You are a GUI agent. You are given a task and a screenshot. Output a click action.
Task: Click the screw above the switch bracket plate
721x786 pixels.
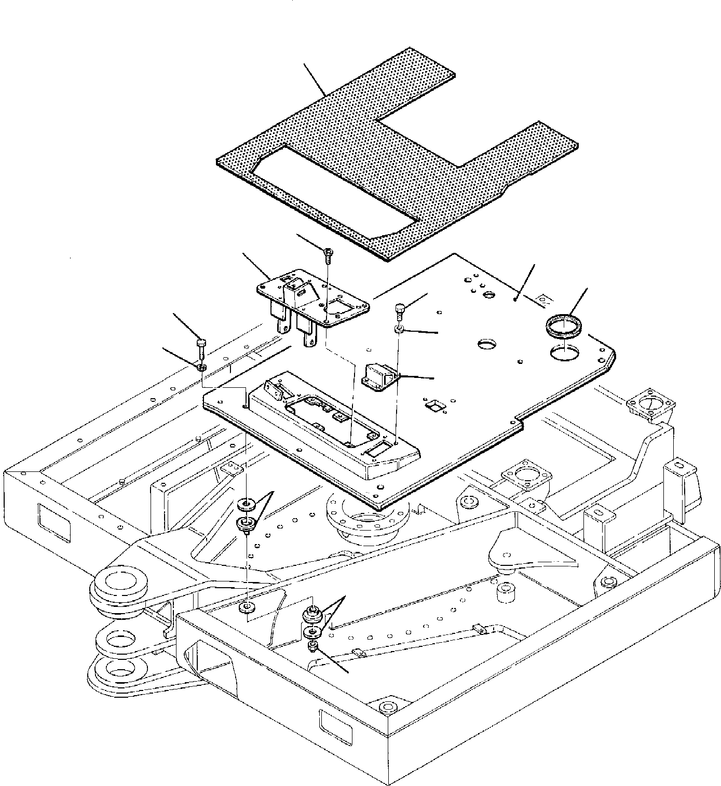(x=328, y=253)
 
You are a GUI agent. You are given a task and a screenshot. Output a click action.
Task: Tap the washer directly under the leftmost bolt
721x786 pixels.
(x=201, y=368)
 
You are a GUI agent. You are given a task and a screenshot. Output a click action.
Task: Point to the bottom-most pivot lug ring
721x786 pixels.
(x=118, y=668)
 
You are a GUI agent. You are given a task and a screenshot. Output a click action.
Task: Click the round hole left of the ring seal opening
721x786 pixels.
(x=487, y=345)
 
